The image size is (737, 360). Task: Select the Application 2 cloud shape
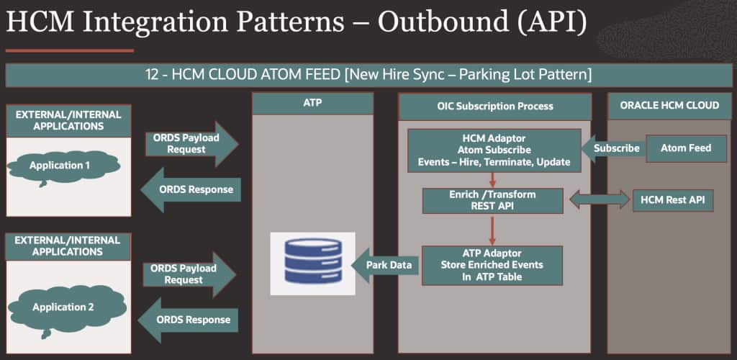pos(68,307)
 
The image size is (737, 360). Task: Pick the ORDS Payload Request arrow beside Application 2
pos(189,274)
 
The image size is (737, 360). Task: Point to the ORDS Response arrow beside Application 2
pos(188,319)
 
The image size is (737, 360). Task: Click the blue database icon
pos(312,263)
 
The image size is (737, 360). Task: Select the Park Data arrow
pos(386,264)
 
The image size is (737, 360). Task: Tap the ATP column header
pos(312,104)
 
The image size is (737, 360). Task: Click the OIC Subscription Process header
pos(495,106)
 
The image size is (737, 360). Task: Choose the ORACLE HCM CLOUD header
pos(669,105)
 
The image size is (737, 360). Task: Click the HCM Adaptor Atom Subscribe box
pos(494,149)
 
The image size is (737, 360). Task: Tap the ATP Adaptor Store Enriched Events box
pos(492,264)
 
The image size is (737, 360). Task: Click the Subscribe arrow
pos(612,148)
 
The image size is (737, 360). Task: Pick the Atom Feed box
pos(685,148)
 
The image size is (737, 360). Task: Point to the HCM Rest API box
pos(672,200)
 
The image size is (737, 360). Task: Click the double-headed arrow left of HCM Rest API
pos(599,200)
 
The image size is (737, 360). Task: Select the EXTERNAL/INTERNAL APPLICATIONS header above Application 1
pos(68,120)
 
